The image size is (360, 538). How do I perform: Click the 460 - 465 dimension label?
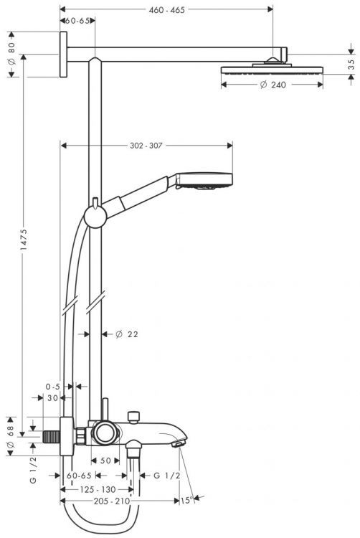click(166, 10)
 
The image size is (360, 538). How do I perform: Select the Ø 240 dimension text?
click(273, 85)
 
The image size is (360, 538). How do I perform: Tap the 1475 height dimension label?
click(24, 244)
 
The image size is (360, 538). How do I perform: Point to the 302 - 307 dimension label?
click(146, 146)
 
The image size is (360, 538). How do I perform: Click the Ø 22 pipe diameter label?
click(127, 334)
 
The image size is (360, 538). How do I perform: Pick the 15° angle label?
click(186, 501)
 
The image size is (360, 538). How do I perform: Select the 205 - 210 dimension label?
click(112, 501)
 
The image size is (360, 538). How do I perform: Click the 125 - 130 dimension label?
click(98, 489)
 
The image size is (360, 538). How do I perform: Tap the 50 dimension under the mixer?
click(105, 461)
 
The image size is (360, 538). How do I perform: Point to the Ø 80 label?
click(11, 55)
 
